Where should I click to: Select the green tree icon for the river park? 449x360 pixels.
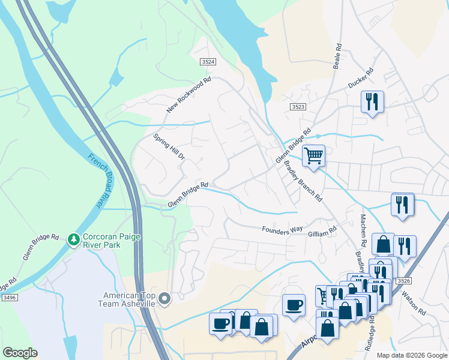[74, 240]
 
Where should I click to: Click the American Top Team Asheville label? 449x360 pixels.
[129, 299]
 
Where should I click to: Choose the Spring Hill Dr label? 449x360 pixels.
[169, 146]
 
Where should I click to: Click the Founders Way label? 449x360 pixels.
[282, 230]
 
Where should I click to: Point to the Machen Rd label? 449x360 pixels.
[363, 230]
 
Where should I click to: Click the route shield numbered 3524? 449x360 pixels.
[208, 62]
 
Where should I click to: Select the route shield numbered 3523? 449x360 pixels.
[298, 106]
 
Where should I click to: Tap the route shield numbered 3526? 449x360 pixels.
[404, 281]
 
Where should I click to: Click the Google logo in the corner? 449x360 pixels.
[20, 353]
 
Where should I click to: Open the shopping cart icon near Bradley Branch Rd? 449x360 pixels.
[313, 156]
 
